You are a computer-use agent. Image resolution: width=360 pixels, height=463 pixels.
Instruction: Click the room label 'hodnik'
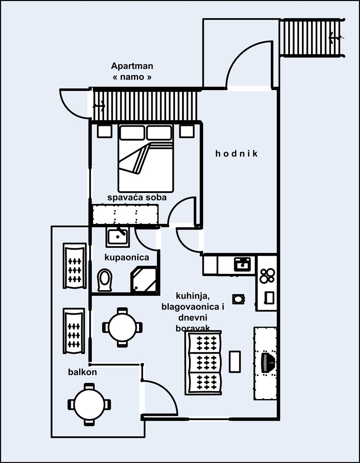click(236, 154)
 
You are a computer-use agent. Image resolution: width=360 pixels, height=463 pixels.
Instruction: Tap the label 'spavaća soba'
click(137, 197)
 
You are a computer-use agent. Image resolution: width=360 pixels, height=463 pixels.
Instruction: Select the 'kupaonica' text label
click(127, 258)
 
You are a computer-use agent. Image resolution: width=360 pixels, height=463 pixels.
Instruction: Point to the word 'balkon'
click(82, 372)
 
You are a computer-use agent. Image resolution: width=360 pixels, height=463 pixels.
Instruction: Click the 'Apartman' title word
click(132, 66)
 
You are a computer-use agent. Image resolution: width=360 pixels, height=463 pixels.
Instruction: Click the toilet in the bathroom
click(105, 280)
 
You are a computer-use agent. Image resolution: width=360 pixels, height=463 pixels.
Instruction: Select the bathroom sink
click(117, 237)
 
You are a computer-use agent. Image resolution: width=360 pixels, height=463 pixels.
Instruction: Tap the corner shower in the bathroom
click(145, 280)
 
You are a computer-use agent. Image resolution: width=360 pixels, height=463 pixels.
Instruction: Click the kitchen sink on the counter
click(242, 264)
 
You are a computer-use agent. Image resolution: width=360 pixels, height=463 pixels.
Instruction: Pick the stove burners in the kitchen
click(267, 275)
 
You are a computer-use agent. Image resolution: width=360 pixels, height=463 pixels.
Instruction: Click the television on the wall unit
click(267, 362)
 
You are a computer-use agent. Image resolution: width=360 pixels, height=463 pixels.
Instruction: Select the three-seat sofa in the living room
click(203, 363)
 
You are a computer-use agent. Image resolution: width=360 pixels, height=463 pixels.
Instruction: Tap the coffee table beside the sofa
click(235, 361)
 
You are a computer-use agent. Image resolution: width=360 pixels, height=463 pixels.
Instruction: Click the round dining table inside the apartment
click(123, 327)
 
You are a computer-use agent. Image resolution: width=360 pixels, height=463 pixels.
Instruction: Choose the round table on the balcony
click(89, 404)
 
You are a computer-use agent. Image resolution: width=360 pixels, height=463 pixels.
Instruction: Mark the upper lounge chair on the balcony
click(74, 266)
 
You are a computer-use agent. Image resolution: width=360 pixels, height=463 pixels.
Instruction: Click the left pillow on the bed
click(132, 133)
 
